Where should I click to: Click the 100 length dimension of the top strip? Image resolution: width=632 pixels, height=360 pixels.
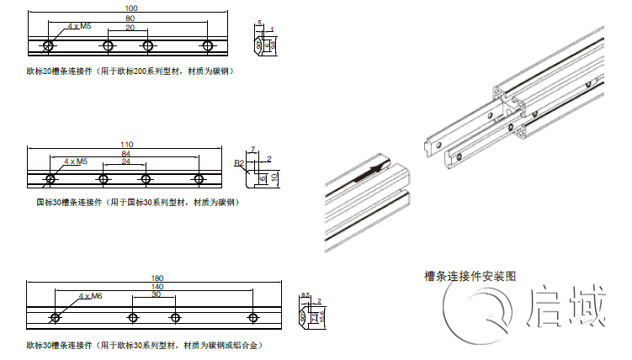click(130, 8)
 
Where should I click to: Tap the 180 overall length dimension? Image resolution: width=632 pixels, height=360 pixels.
click(156, 278)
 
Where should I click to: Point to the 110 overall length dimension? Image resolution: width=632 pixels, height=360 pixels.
click(127, 144)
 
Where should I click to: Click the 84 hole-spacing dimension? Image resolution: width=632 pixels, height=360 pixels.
click(125, 154)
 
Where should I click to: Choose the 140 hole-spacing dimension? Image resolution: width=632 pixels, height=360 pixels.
click(157, 287)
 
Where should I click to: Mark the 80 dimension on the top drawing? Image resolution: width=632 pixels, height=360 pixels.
click(129, 18)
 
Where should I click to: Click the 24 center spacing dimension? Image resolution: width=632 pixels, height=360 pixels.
click(125, 161)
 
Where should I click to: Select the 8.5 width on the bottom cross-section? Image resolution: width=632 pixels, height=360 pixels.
click(305, 294)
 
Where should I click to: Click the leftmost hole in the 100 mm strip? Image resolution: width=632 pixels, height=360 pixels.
click(50, 45)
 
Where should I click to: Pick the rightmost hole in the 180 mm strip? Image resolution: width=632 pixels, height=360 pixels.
click(253, 317)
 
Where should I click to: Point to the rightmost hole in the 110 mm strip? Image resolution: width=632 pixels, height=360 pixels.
click(199, 178)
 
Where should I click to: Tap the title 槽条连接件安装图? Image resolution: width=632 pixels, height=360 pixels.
click(470, 275)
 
